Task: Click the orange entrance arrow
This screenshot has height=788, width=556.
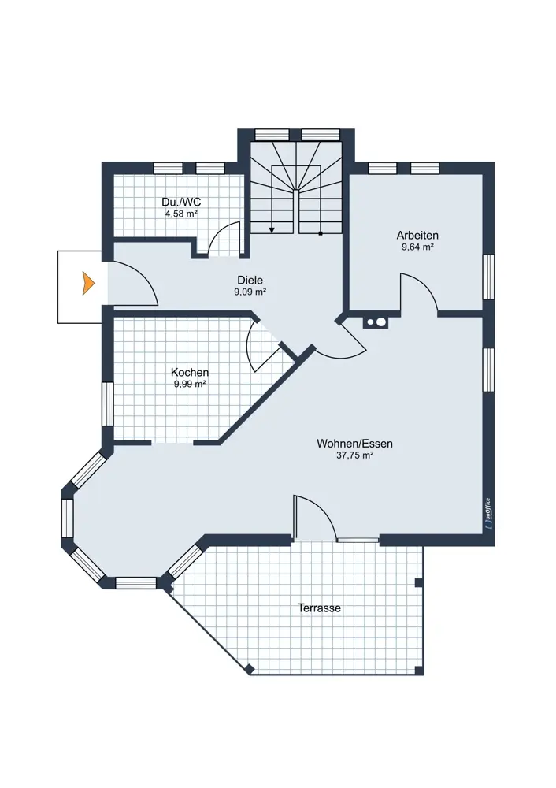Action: pyautogui.click(x=89, y=283)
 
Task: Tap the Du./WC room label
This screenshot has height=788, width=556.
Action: pyautogui.click(x=181, y=202)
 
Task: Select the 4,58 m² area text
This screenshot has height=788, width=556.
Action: pyautogui.click(x=181, y=214)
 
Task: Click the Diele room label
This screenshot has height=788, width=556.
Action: pyautogui.click(x=250, y=281)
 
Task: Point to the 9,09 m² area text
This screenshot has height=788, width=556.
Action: pyautogui.click(x=250, y=292)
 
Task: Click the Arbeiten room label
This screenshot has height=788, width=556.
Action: pyautogui.click(x=417, y=235)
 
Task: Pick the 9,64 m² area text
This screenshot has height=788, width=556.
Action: pyautogui.click(x=417, y=247)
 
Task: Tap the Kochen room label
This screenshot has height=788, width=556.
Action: pyautogui.click(x=190, y=373)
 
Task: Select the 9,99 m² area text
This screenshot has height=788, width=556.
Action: pyautogui.click(x=190, y=384)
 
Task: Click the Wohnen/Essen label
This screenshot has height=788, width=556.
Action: pyautogui.click(x=354, y=444)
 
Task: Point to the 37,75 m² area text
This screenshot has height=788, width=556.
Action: pyautogui.click(x=354, y=455)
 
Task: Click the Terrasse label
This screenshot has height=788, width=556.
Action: pyautogui.click(x=320, y=608)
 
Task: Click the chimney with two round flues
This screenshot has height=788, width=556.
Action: pyautogui.click(x=376, y=322)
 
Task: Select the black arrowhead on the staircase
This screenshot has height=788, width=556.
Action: pyautogui.click(x=272, y=229)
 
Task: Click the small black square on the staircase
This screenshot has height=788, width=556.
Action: pyautogui.click(x=321, y=233)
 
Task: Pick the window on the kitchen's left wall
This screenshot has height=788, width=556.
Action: pyautogui.click(x=107, y=404)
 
